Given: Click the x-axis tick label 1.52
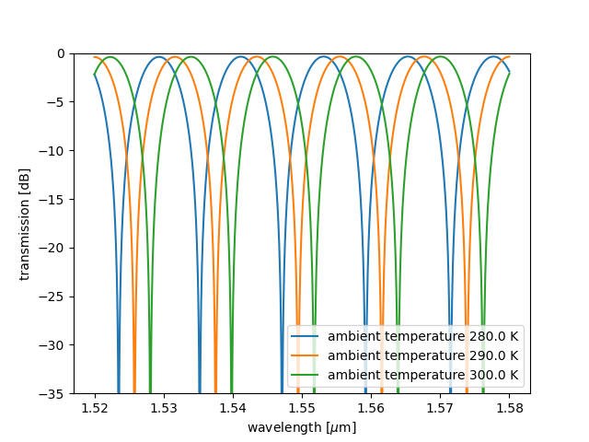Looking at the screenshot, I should pyautogui.click(x=95, y=408).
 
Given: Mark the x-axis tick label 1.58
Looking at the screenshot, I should pyautogui.click(x=509, y=408).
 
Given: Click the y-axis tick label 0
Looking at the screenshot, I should pyautogui.click(x=62, y=53).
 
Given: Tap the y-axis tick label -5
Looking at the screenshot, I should pyautogui.click(x=58, y=102).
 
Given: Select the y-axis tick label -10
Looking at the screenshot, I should pyautogui.click(x=55, y=151).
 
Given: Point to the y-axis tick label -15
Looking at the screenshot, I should pyautogui.click(x=55, y=200).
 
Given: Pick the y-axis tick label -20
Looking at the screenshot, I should pyautogui.click(x=55, y=249).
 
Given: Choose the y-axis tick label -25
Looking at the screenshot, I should pyautogui.click(x=55, y=297).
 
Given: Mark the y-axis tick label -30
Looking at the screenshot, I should pyautogui.click(x=55, y=345).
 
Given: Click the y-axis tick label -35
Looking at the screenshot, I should pyautogui.click(x=55, y=394).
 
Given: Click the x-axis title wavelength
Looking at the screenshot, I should pyautogui.click(x=302, y=427).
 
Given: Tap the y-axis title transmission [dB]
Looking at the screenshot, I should pyautogui.click(x=25, y=224).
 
